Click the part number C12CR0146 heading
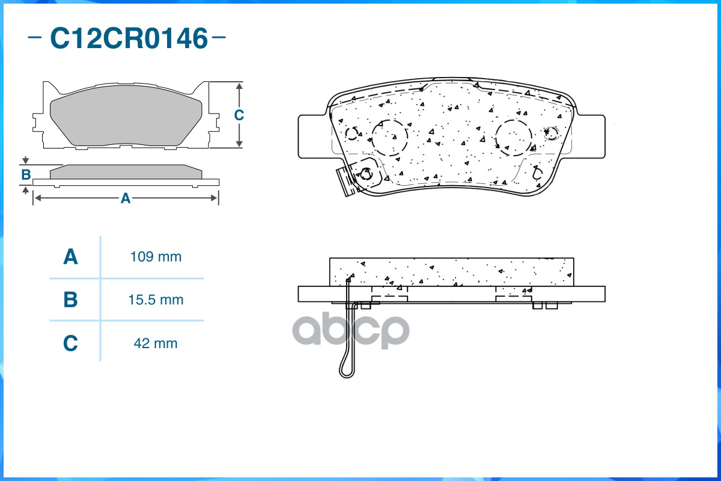(x=128, y=38)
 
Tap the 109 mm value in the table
(x=156, y=257)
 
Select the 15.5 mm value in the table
(x=156, y=299)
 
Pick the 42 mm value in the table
(x=156, y=343)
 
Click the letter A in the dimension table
(x=71, y=257)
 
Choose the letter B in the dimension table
(x=71, y=299)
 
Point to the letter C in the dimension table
(x=71, y=343)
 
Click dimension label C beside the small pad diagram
(x=239, y=115)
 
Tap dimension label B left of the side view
(x=26, y=175)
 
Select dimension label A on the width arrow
(x=125, y=198)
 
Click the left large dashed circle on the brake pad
(x=390, y=137)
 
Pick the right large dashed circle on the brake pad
(x=514, y=137)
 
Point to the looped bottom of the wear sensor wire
(x=347, y=370)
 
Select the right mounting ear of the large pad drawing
(x=589, y=136)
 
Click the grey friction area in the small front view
(x=126, y=120)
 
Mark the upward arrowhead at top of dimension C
(x=239, y=86)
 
